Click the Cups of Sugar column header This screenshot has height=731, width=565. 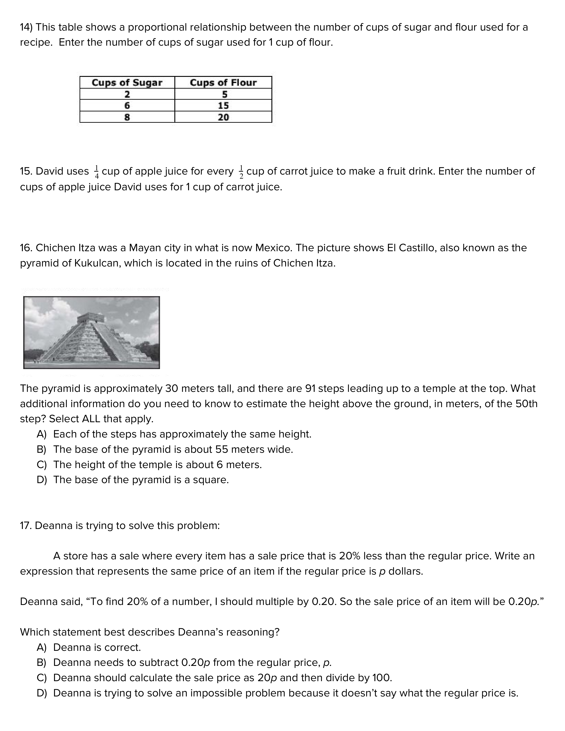pos(127,82)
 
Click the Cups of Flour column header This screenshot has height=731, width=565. pos(223,82)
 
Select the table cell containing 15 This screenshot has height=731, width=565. pos(223,105)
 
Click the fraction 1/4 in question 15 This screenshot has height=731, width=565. pos(97,172)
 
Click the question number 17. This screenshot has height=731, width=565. pos(25,525)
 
